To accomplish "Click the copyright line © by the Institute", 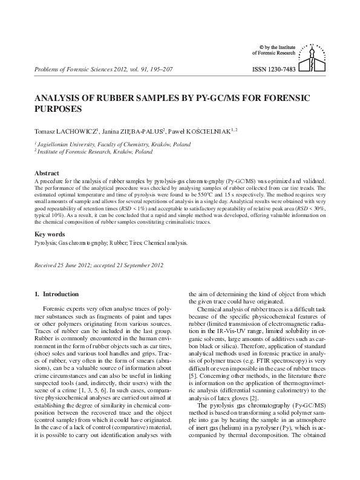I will click(x=281, y=46).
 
